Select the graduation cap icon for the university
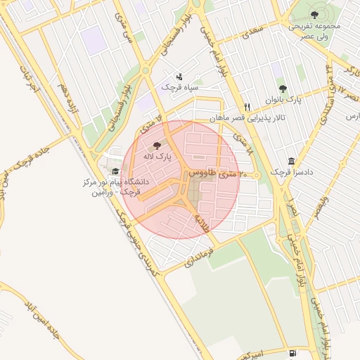(x=115, y=171)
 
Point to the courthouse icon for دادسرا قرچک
(x=291, y=160)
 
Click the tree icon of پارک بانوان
(x=283, y=89)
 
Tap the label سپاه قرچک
(x=178, y=87)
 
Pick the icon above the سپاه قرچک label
(x=179, y=77)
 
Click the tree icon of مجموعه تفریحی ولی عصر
(x=314, y=15)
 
